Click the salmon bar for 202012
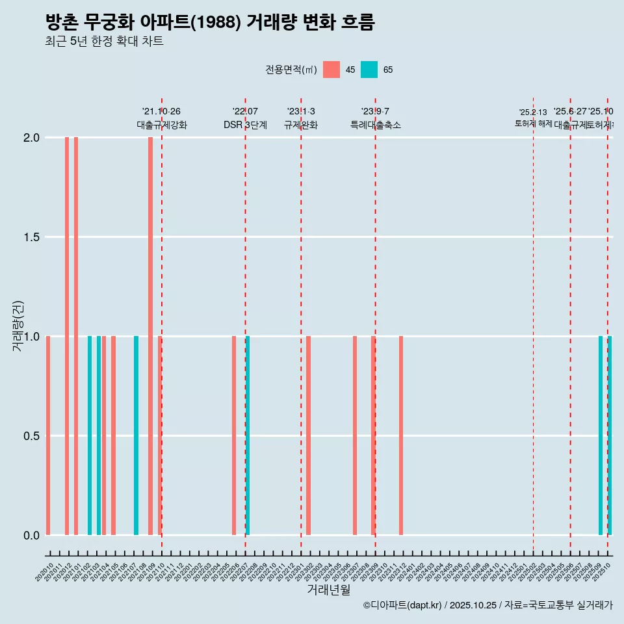[x=67, y=336]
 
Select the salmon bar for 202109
[x=150, y=336]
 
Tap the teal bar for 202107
[x=136, y=435]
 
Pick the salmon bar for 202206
[x=234, y=435]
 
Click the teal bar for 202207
[x=248, y=435]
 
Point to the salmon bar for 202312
[x=401, y=435]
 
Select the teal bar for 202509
[x=601, y=435]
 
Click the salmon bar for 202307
[x=355, y=435]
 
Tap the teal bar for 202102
[x=90, y=435]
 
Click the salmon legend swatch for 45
[x=331, y=70]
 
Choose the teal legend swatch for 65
[x=369, y=70]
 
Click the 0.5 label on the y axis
[x=31, y=435]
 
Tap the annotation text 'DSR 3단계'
[x=245, y=125]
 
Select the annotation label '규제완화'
[x=301, y=125]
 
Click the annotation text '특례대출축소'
[x=375, y=125]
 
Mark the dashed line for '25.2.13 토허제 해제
[x=534, y=325]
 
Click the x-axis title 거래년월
[x=328, y=590]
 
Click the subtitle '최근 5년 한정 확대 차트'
[x=104, y=42]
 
